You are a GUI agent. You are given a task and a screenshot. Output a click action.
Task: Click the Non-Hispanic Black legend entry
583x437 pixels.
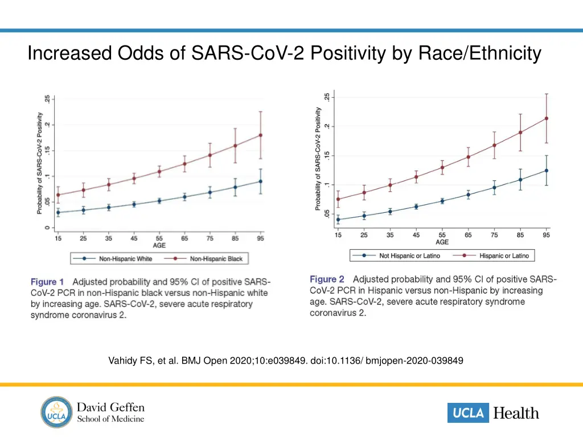pos(216,259)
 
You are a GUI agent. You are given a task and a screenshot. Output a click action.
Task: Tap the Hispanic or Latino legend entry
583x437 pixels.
pos(504,256)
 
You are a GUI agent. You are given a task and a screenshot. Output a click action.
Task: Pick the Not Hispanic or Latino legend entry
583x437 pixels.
pos(409,256)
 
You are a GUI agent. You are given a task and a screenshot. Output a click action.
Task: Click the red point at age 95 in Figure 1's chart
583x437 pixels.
pos(261,135)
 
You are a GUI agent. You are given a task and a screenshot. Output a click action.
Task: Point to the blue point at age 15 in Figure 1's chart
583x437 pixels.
pos(58,212)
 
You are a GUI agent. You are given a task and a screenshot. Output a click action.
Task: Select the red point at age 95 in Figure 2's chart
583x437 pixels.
pos(547,118)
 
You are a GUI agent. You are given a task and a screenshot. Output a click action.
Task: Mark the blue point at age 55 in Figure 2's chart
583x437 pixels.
pos(442,201)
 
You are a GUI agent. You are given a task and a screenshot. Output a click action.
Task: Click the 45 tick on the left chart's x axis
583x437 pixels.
pos(134,239)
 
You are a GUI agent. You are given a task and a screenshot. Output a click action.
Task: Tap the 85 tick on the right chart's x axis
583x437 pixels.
pos(520,236)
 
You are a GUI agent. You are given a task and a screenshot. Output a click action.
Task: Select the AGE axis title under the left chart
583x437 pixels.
pos(159,246)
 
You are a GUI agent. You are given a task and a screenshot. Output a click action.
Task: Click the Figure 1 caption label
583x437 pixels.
pos(47,282)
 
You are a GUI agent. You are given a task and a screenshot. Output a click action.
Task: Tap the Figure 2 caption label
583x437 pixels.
pos(327,279)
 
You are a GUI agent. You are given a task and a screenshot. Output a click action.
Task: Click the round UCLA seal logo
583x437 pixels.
pos(56,412)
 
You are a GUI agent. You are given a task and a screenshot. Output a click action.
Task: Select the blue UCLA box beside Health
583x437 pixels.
pos(468,413)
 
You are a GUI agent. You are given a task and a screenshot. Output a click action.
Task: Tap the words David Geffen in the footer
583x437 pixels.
pos(110,407)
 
